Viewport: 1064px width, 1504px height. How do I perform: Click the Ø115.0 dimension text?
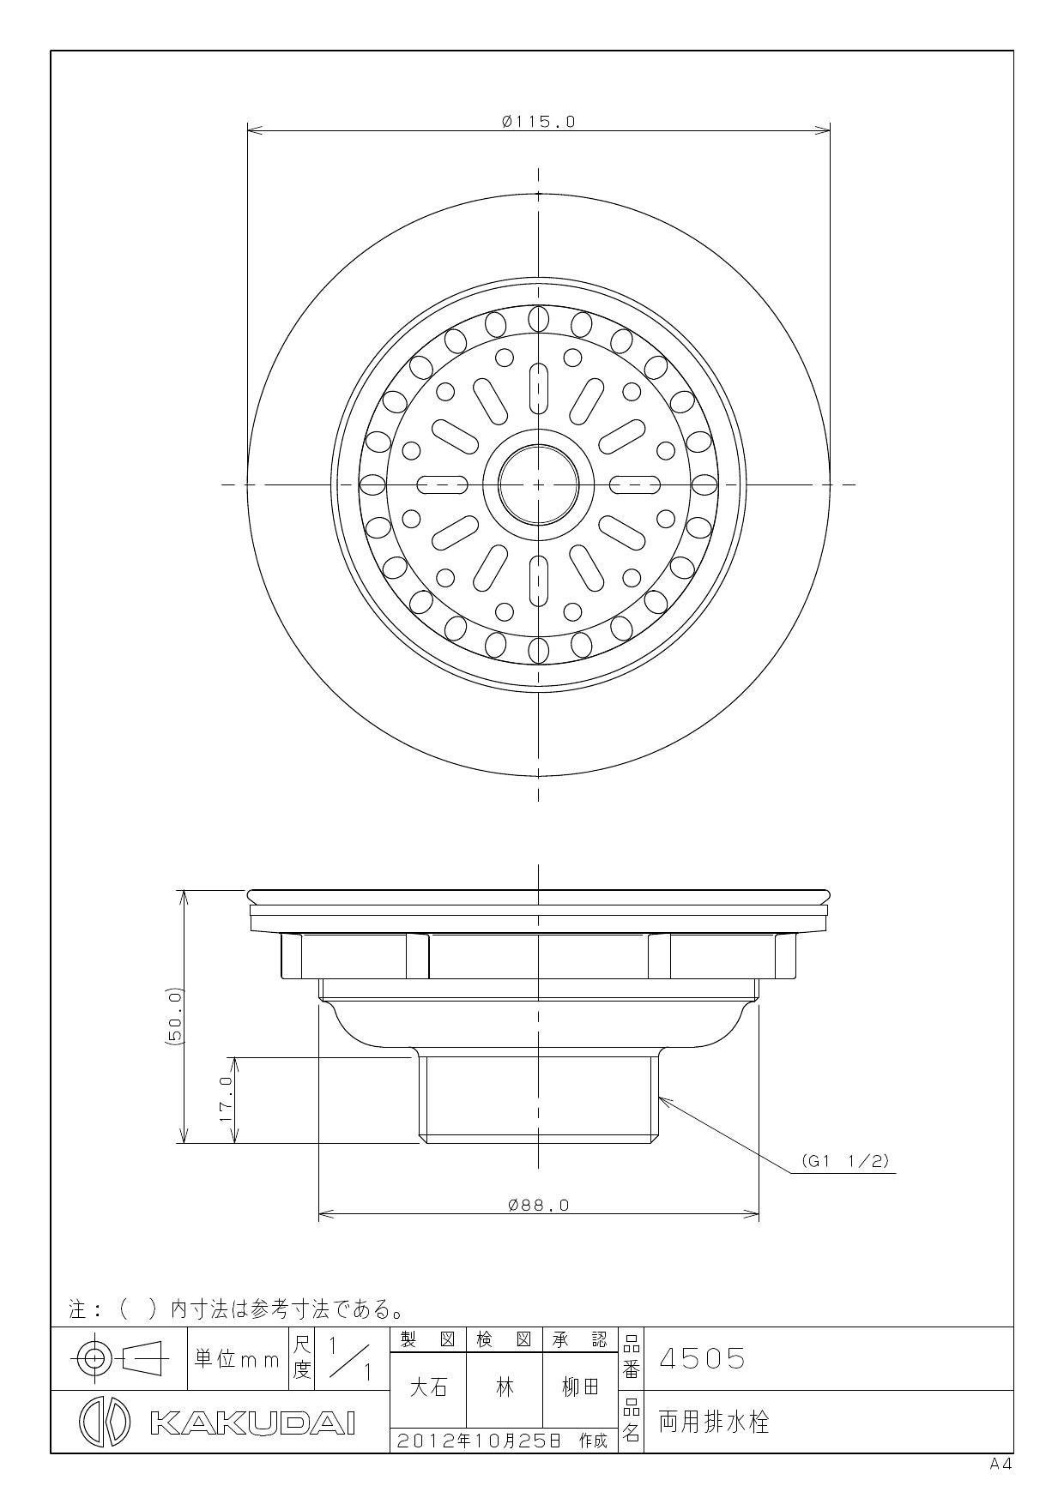tap(538, 122)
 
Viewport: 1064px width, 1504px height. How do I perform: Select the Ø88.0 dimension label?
tap(538, 1205)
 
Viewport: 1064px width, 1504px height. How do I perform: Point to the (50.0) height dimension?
tap(175, 1015)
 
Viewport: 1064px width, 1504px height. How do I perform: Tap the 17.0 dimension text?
tap(226, 1100)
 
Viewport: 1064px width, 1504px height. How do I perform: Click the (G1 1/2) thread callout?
tap(845, 1161)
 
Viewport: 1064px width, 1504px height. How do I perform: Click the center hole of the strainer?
tap(538, 484)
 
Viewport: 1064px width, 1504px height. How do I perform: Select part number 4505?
tap(702, 1359)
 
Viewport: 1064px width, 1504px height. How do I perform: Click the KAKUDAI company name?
tap(253, 1423)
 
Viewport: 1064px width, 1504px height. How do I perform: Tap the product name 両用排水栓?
tap(714, 1423)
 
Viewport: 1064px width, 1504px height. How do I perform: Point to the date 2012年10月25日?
tap(481, 1441)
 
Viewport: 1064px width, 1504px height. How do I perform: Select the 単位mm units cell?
tap(237, 1359)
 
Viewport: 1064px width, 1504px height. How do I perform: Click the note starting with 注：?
tap(236, 1309)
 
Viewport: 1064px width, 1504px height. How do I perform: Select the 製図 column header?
tap(427, 1339)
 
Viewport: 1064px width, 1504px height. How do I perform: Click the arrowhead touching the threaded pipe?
tap(662, 1098)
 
